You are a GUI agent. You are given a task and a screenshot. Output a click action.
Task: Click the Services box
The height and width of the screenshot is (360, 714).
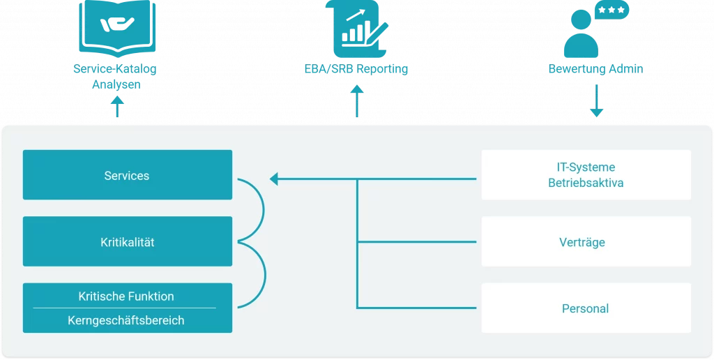coord(127,175)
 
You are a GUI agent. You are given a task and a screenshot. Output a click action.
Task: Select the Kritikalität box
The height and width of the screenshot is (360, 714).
coord(127,242)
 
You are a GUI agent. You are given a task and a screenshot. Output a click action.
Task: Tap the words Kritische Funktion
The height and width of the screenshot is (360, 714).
coord(126,296)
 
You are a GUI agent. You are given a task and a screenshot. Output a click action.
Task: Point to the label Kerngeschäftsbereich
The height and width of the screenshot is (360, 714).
coord(126,321)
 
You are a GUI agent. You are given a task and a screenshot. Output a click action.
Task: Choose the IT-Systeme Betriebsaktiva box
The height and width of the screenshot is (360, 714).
coord(586,175)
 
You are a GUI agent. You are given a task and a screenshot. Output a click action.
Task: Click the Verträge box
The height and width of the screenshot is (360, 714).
coord(586,242)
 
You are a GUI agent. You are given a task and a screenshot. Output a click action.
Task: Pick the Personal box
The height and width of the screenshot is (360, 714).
coord(586,308)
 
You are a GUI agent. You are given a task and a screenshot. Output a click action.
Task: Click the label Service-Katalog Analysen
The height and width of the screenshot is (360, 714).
coord(116,77)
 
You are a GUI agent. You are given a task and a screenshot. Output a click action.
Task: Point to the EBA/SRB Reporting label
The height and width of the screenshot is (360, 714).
coord(356,69)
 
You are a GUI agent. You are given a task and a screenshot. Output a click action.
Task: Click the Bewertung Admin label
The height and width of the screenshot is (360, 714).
coord(596,69)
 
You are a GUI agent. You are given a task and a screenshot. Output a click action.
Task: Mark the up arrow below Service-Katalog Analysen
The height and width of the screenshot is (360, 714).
coord(118,107)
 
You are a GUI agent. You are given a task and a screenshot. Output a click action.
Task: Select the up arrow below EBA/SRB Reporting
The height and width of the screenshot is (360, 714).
coord(357,101)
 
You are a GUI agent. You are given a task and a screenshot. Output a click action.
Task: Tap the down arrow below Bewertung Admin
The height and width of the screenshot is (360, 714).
coord(596,103)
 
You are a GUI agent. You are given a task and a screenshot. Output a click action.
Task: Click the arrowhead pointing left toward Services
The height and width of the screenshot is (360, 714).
coord(274,179)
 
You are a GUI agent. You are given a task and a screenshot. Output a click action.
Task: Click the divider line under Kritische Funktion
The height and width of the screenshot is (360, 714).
coord(125,308)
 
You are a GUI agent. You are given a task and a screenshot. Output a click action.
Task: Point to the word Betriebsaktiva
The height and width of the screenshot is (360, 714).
coord(586,183)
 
